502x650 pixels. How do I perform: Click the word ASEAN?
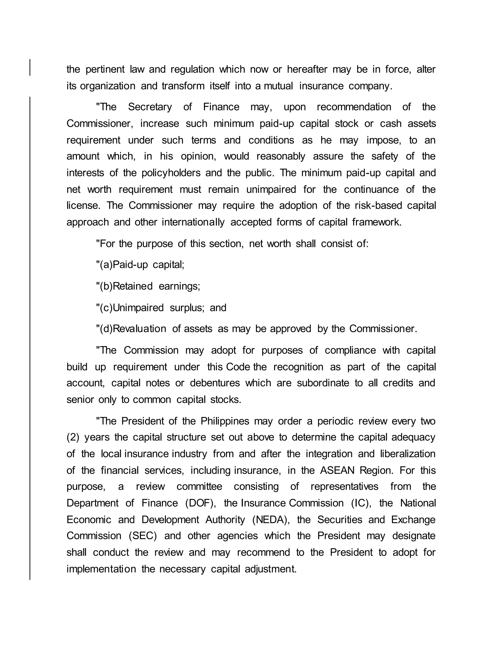[337, 470]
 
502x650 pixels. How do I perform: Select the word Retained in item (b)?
[133, 286]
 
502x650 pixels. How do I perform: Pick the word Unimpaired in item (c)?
[138, 307]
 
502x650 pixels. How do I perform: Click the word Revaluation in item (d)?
[139, 329]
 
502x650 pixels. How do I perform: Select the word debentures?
[215, 383]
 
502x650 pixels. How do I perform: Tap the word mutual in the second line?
[278, 86]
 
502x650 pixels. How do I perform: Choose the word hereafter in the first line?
[307, 69]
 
